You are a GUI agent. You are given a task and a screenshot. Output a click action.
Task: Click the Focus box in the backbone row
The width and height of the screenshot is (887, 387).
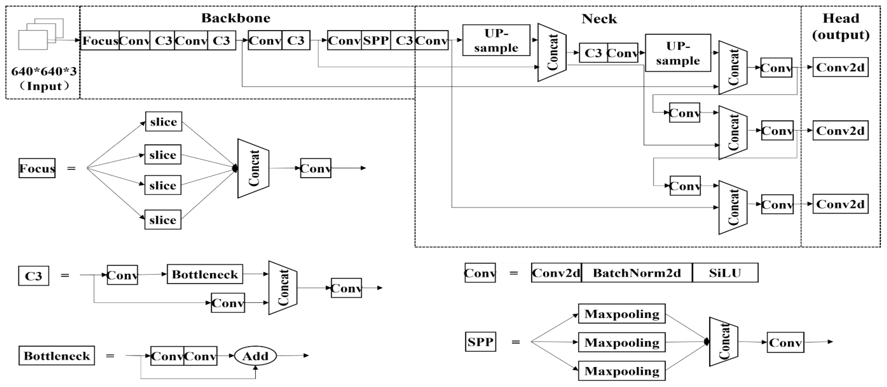(x=100, y=41)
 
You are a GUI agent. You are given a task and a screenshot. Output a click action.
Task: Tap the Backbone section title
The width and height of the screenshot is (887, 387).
(x=236, y=18)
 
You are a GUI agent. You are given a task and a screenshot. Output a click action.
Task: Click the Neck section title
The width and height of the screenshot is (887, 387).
(x=599, y=19)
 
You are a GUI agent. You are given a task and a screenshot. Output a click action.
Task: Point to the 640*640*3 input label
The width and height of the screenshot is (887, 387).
(x=44, y=72)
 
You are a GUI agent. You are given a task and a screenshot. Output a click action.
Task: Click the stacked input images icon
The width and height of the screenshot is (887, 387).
(x=41, y=34)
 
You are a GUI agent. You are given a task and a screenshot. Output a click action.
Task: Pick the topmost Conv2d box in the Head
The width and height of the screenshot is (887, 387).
(x=840, y=67)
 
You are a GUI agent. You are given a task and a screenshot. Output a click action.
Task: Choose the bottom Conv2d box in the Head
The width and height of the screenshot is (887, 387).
(x=840, y=204)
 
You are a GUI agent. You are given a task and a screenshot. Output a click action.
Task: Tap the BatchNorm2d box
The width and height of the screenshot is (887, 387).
(x=637, y=273)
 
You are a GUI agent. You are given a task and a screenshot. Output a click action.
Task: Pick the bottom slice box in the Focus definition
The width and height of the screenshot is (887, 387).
(x=163, y=220)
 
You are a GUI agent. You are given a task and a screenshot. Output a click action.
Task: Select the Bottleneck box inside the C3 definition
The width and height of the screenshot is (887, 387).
(x=205, y=274)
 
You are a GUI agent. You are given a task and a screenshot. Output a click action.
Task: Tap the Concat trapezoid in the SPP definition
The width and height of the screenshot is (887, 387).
(x=723, y=342)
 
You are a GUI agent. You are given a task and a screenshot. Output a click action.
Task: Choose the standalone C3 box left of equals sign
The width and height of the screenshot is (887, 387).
(x=34, y=276)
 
